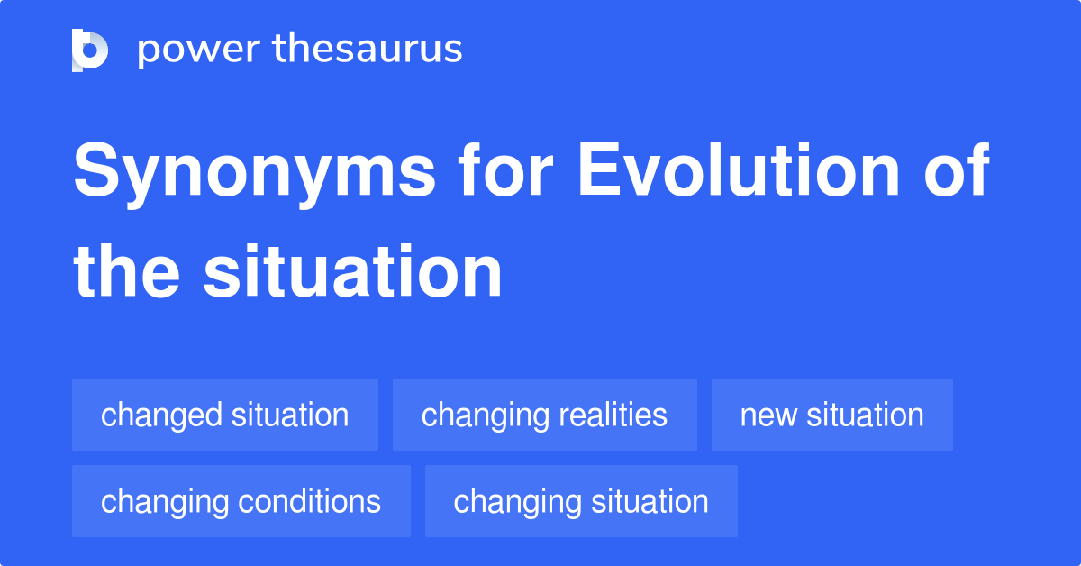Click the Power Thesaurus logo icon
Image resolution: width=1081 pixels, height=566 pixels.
(x=90, y=50)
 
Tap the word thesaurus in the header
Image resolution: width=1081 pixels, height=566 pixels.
(x=368, y=50)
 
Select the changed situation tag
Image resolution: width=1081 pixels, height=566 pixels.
(x=225, y=415)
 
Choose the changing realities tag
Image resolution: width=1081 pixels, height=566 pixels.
(x=544, y=415)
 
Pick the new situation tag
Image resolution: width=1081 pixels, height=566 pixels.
(x=831, y=415)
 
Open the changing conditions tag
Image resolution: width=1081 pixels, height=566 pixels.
(x=241, y=501)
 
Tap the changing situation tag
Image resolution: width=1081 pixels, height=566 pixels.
(x=581, y=501)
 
